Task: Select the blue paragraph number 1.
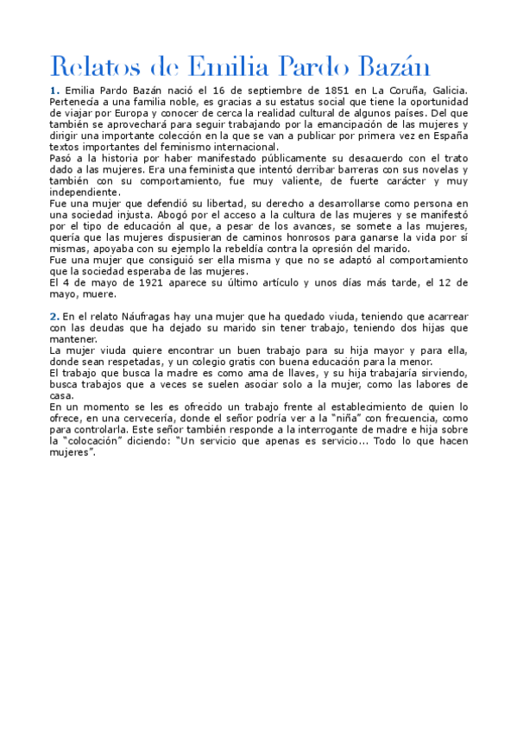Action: click(54, 91)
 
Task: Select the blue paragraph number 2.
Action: click(54, 316)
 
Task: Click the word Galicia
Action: click(445, 91)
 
